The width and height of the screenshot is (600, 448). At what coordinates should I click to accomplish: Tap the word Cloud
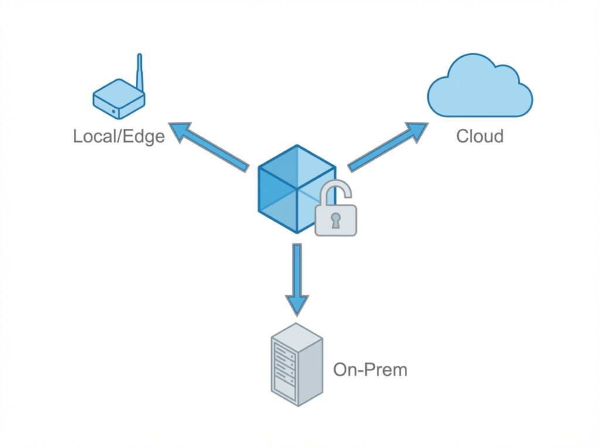[x=480, y=136]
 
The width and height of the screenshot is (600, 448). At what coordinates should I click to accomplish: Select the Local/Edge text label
[x=118, y=136]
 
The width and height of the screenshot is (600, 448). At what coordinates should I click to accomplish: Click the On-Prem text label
[x=370, y=370]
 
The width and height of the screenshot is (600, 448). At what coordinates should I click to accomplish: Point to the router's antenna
[x=139, y=73]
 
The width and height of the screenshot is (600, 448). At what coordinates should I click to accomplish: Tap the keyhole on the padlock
[x=335, y=221]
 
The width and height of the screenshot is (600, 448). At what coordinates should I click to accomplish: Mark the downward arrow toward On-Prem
[x=297, y=278]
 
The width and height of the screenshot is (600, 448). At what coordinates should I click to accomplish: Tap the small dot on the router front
[x=113, y=109]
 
